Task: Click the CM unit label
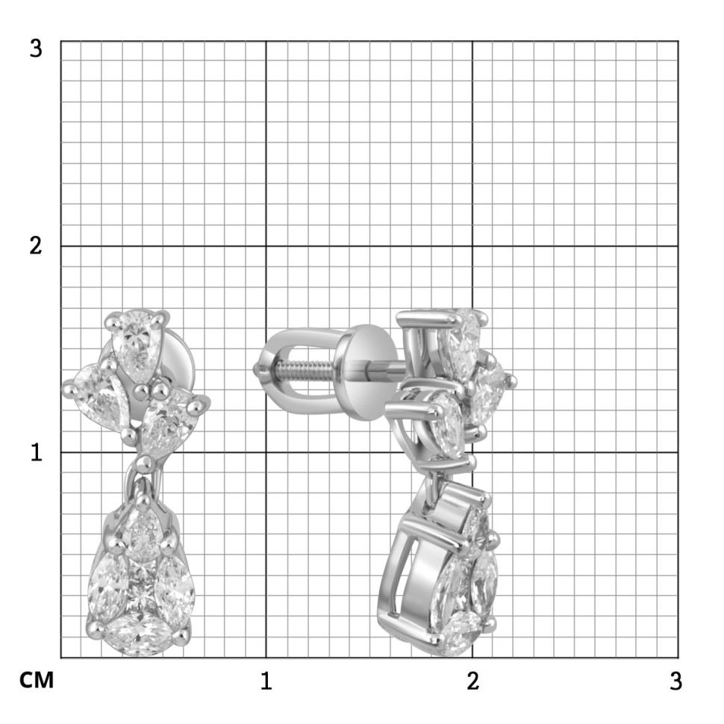pyautogui.click(x=37, y=680)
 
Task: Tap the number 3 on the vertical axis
pyautogui.click(x=36, y=49)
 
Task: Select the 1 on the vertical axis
pyautogui.click(x=37, y=452)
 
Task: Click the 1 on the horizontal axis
pyautogui.click(x=266, y=681)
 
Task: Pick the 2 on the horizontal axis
pyautogui.click(x=472, y=681)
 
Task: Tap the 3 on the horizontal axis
pyautogui.click(x=675, y=681)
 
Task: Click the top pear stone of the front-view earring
pyautogui.click(x=136, y=342)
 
